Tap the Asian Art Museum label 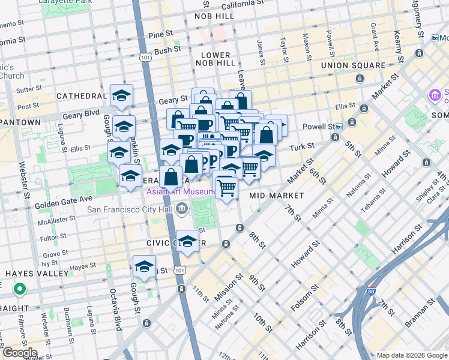179,192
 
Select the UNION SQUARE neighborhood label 353,65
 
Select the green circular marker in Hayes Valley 20,290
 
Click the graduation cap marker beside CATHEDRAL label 121,96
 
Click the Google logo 19,353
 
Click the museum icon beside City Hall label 181,209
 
